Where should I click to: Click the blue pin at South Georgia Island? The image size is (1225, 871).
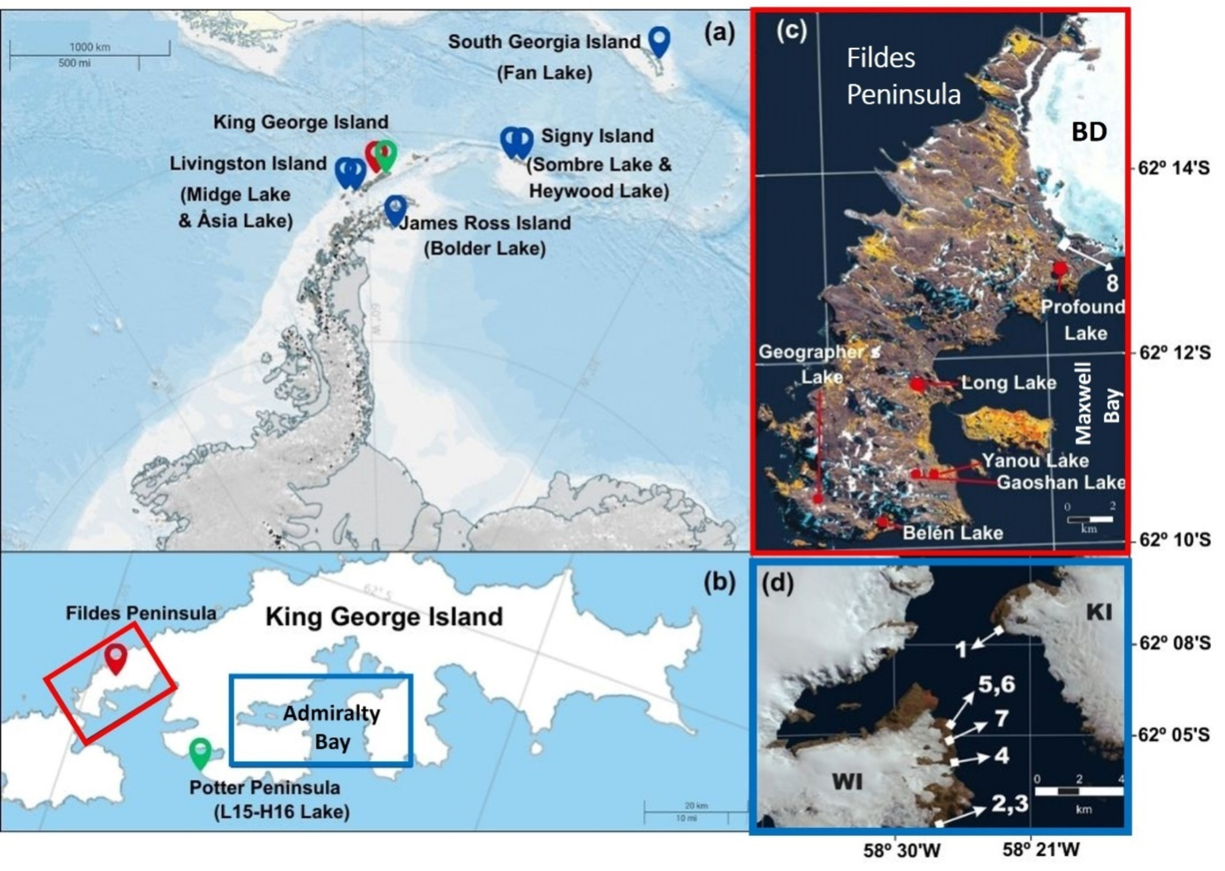coord(658,40)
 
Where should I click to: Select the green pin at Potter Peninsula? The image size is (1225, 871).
coord(200,752)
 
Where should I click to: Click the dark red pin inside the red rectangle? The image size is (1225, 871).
coord(115,657)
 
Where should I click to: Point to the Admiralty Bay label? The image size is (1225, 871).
coord(332,728)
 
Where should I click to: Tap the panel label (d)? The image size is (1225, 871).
coord(778,584)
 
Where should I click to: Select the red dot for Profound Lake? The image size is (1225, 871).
coord(1060,268)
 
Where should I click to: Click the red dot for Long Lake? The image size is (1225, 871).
coord(918,384)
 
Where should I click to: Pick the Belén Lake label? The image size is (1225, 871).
coord(952,533)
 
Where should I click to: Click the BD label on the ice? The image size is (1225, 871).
coord(1089,132)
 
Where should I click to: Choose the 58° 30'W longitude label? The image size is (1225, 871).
coord(902,850)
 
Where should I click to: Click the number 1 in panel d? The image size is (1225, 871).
coord(961,649)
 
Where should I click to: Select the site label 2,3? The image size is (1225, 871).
coord(1010,803)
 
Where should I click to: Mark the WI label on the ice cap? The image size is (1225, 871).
coord(847,781)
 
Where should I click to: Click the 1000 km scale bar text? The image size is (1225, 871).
coord(90,47)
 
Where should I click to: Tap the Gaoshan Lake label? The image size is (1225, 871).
coord(1060,482)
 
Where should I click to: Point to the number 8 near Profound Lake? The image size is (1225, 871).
coord(1112,283)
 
